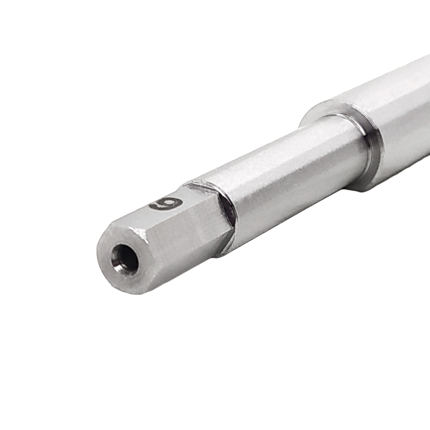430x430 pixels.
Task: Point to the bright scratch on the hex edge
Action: point(143,234)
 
